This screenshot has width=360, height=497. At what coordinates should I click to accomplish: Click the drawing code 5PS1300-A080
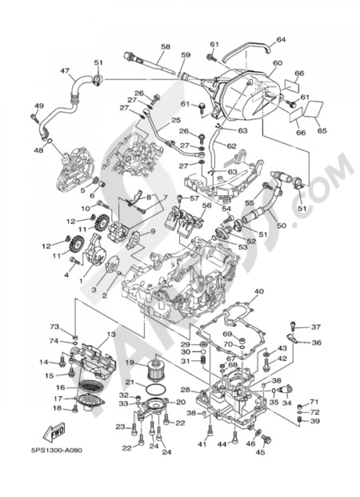click(x=55, y=450)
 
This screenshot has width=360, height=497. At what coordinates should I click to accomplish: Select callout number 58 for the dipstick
click(x=166, y=47)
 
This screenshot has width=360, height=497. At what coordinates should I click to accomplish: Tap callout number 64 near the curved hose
click(x=281, y=40)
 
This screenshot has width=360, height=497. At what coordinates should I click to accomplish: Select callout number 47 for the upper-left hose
click(x=65, y=71)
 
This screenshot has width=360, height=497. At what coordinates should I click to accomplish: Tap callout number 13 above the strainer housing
click(x=111, y=335)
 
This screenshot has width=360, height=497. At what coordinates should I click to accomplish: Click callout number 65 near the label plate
click(x=322, y=131)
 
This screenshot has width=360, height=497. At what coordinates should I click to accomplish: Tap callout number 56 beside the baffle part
click(x=206, y=205)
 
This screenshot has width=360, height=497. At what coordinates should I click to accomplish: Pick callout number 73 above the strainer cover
click(x=54, y=327)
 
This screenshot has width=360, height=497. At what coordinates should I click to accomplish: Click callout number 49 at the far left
click(x=39, y=106)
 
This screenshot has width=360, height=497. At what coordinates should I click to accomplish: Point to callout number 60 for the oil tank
click(x=277, y=63)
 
